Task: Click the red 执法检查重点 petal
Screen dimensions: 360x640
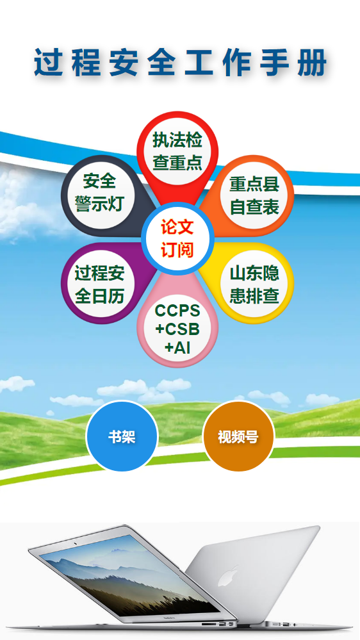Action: (177, 152)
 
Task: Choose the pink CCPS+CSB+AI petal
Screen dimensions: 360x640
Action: (177, 327)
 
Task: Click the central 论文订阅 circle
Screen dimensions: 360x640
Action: (177, 239)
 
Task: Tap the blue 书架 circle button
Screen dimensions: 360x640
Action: (122, 436)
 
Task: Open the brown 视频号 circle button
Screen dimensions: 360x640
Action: (238, 436)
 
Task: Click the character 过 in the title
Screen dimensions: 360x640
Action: (49, 62)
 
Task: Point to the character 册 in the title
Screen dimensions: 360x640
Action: (312, 62)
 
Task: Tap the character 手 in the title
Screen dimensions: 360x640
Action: (274, 62)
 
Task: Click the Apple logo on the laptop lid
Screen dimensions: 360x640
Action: (227, 575)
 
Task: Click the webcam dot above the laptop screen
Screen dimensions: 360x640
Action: (75, 544)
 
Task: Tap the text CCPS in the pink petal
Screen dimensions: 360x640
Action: (177, 311)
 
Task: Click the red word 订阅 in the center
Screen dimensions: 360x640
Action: (177, 249)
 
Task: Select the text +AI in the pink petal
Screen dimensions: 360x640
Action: (177, 347)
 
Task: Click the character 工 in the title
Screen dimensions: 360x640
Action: (199, 62)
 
